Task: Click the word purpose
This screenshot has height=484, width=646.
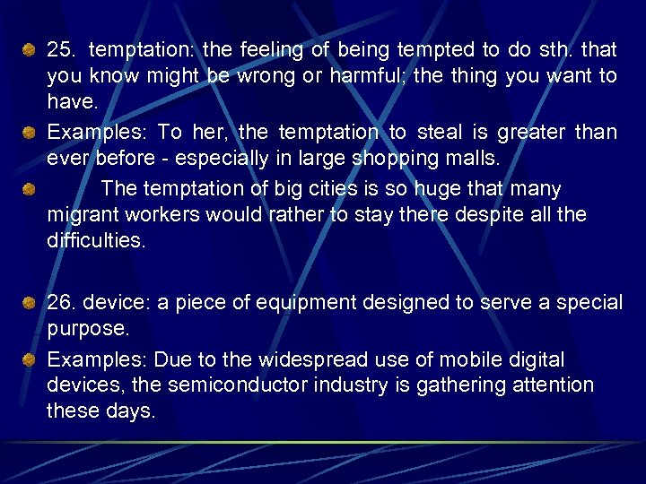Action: pyautogui.click(x=88, y=329)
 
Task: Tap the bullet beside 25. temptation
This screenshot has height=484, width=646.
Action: pyautogui.click(x=29, y=48)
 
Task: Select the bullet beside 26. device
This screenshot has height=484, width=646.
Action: pyautogui.click(x=29, y=302)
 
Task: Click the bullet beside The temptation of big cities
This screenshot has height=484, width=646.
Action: pyautogui.click(x=29, y=188)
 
